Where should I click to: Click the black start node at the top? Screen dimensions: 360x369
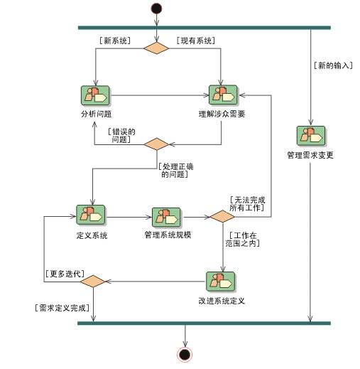pos(156,9)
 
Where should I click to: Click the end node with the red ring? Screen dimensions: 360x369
pos(185,355)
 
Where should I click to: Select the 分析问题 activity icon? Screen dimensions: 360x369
pos(95,96)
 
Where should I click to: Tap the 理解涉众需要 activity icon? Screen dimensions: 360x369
pos(223,95)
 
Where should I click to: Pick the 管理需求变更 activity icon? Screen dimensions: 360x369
pos(311,136)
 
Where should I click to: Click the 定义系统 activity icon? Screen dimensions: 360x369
pos(91,215)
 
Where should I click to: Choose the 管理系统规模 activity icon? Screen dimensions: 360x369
pos(166,218)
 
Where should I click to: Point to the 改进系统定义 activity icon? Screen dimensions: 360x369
pos(221,282)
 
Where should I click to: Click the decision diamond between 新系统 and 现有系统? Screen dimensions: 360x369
pos(156,48)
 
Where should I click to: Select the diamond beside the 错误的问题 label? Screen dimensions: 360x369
pos(156,144)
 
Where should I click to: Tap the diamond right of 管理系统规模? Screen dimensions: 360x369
pos(222,216)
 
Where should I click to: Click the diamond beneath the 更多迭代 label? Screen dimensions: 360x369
pos(93,282)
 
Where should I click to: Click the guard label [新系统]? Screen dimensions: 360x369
pos(115,41)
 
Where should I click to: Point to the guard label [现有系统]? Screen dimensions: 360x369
pos(196,41)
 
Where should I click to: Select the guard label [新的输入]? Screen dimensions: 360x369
pos(333,65)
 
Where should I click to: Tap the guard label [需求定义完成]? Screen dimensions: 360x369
pos(62,308)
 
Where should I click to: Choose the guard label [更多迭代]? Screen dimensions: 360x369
pos(65,274)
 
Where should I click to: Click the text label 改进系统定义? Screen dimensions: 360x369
pos(222,301)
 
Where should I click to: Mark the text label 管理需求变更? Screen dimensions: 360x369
pos(310,155)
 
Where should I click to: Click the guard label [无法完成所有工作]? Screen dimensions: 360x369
pos(247,204)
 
